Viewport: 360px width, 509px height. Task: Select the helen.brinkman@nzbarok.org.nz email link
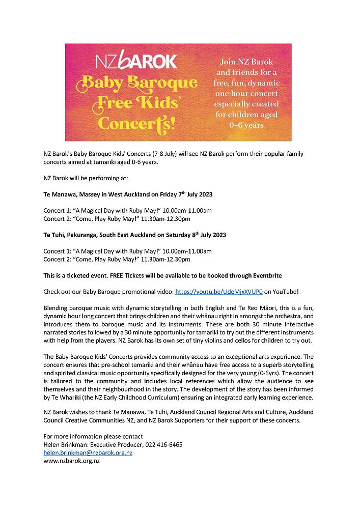click(88, 453)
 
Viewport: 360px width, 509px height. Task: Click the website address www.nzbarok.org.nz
click(72, 461)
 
